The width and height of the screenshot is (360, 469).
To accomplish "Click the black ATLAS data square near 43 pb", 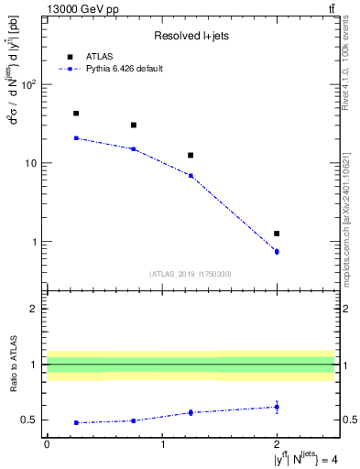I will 75,114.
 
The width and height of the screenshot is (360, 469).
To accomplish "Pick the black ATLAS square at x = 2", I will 277,234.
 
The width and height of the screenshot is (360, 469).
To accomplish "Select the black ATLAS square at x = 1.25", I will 191,156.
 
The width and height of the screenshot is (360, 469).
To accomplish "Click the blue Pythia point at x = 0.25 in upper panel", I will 75,138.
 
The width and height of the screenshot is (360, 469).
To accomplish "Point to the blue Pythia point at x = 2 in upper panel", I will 277,251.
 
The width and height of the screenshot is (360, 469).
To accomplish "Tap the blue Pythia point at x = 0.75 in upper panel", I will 133,148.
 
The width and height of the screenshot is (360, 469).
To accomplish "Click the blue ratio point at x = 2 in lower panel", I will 277,407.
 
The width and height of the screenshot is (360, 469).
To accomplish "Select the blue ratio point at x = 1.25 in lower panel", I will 191,412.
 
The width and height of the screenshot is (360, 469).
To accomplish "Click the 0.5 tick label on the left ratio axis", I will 29,420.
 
